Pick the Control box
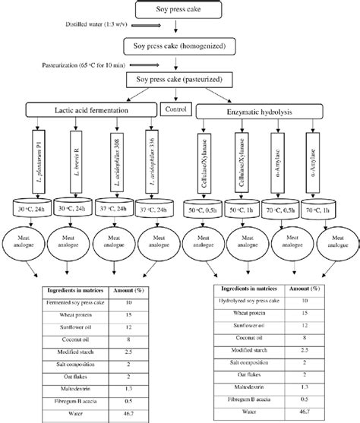pos(176,109)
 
